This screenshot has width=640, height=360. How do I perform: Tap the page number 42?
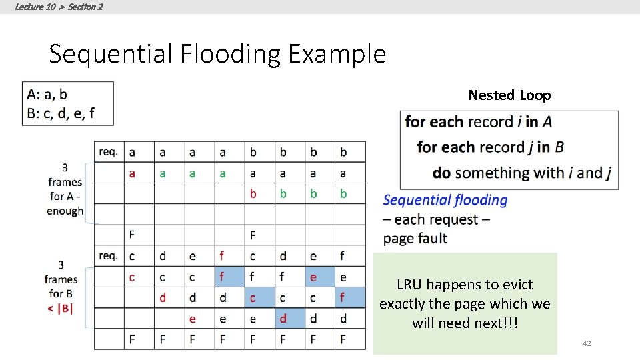coord(587,343)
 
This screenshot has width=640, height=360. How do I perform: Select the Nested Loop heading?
coord(509,95)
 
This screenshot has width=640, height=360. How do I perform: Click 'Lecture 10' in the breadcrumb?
coord(35,7)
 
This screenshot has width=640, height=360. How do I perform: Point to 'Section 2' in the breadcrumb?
coord(85,7)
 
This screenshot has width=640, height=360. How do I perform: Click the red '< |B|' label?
coord(61,307)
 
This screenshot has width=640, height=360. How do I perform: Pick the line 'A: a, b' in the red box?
coord(47,95)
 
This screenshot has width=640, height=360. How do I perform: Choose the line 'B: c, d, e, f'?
coord(61,113)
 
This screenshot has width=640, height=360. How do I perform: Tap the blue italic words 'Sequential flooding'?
coord(445,200)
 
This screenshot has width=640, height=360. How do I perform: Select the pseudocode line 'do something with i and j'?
coord(522,173)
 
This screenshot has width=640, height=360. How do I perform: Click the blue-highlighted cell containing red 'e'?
coord(313,277)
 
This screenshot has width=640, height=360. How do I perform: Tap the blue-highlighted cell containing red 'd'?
coord(283,319)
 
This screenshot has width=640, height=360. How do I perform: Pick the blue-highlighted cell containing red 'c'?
coord(253,297)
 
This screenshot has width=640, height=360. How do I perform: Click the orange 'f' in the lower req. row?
coord(222,255)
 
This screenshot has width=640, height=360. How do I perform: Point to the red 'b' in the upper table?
coord(253,193)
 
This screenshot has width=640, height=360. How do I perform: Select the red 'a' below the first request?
coord(132,173)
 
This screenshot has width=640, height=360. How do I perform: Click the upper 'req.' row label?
coord(108,151)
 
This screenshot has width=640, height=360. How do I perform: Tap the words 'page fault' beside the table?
coord(415,238)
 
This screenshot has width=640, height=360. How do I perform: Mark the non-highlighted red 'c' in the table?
coord(132,277)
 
